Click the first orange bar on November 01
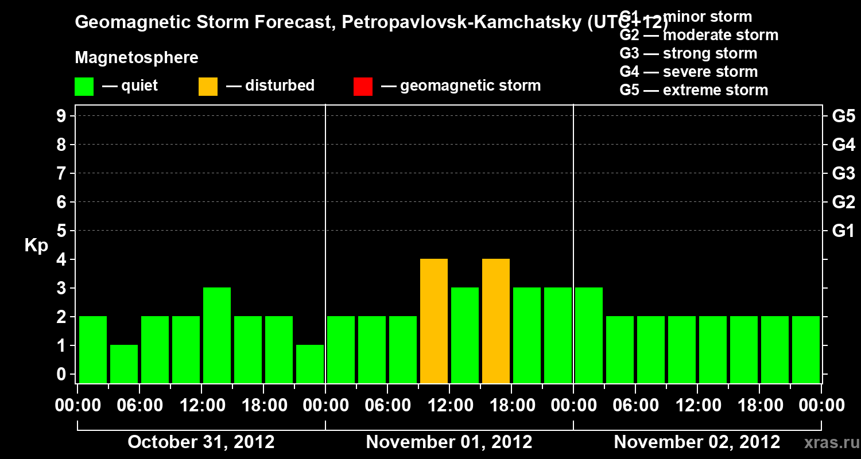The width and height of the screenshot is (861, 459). pyautogui.click(x=434, y=321)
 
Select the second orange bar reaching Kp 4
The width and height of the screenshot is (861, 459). pyautogui.click(x=496, y=321)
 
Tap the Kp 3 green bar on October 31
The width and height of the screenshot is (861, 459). pyautogui.click(x=217, y=336)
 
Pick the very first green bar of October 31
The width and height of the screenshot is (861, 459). pyautogui.click(x=93, y=349)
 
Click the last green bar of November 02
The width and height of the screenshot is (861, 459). pyautogui.click(x=806, y=349)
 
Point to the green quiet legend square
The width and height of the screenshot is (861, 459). pyautogui.click(x=84, y=87)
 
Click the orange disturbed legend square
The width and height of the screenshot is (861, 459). pyautogui.click(x=208, y=87)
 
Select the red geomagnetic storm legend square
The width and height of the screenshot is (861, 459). pyautogui.click(x=363, y=87)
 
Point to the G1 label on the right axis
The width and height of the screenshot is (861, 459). pyautogui.click(x=843, y=231)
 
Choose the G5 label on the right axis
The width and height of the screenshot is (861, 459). pyautogui.click(x=843, y=116)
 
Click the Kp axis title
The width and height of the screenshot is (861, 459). pyautogui.click(x=36, y=246)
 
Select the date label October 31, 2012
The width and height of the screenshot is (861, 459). pyautogui.click(x=201, y=442)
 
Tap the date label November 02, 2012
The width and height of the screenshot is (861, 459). pyautogui.click(x=697, y=442)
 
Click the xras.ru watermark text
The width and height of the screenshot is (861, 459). pyautogui.click(x=831, y=443)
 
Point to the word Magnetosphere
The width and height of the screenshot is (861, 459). pyautogui.click(x=137, y=58)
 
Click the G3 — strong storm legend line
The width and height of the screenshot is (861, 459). pyautogui.click(x=688, y=53)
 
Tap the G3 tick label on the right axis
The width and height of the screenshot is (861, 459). pyautogui.click(x=843, y=173)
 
